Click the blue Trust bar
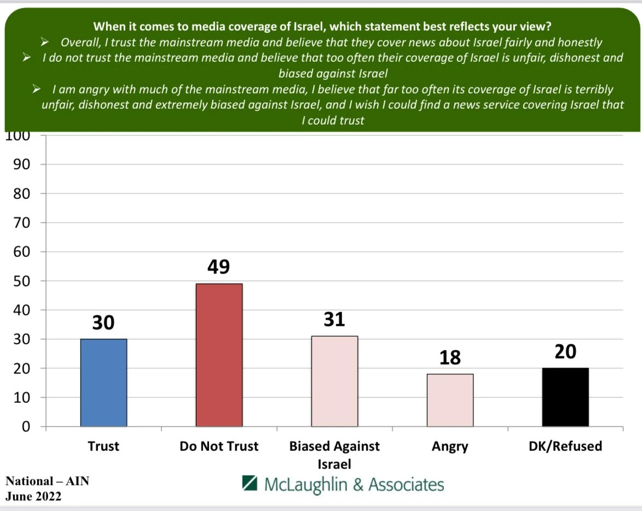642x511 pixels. (x=103, y=383)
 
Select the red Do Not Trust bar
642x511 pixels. (x=219, y=355)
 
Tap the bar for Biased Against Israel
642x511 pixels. (x=334, y=381)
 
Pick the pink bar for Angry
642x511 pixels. (x=450, y=400)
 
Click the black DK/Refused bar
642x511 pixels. (x=565, y=397)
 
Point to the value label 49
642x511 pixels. (x=218, y=267)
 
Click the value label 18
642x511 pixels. (x=450, y=357)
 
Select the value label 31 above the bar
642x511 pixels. (x=334, y=319)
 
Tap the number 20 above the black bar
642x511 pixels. (x=565, y=351)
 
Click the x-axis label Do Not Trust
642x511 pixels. (x=219, y=446)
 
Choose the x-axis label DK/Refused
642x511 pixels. (x=565, y=446)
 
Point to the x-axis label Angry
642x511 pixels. (x=450, y=446)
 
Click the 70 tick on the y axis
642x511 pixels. (x=21, y=223)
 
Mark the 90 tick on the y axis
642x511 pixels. (x=21, y=165)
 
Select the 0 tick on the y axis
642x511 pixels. (x=25, y=427)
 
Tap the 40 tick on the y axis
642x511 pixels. (x=21, y=310)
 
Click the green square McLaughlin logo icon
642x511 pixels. (x=250, y=483)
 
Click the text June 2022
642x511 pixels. (x=33, y=496)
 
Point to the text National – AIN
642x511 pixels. (x=47, y=481)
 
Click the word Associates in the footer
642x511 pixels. (x=406, y=484)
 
